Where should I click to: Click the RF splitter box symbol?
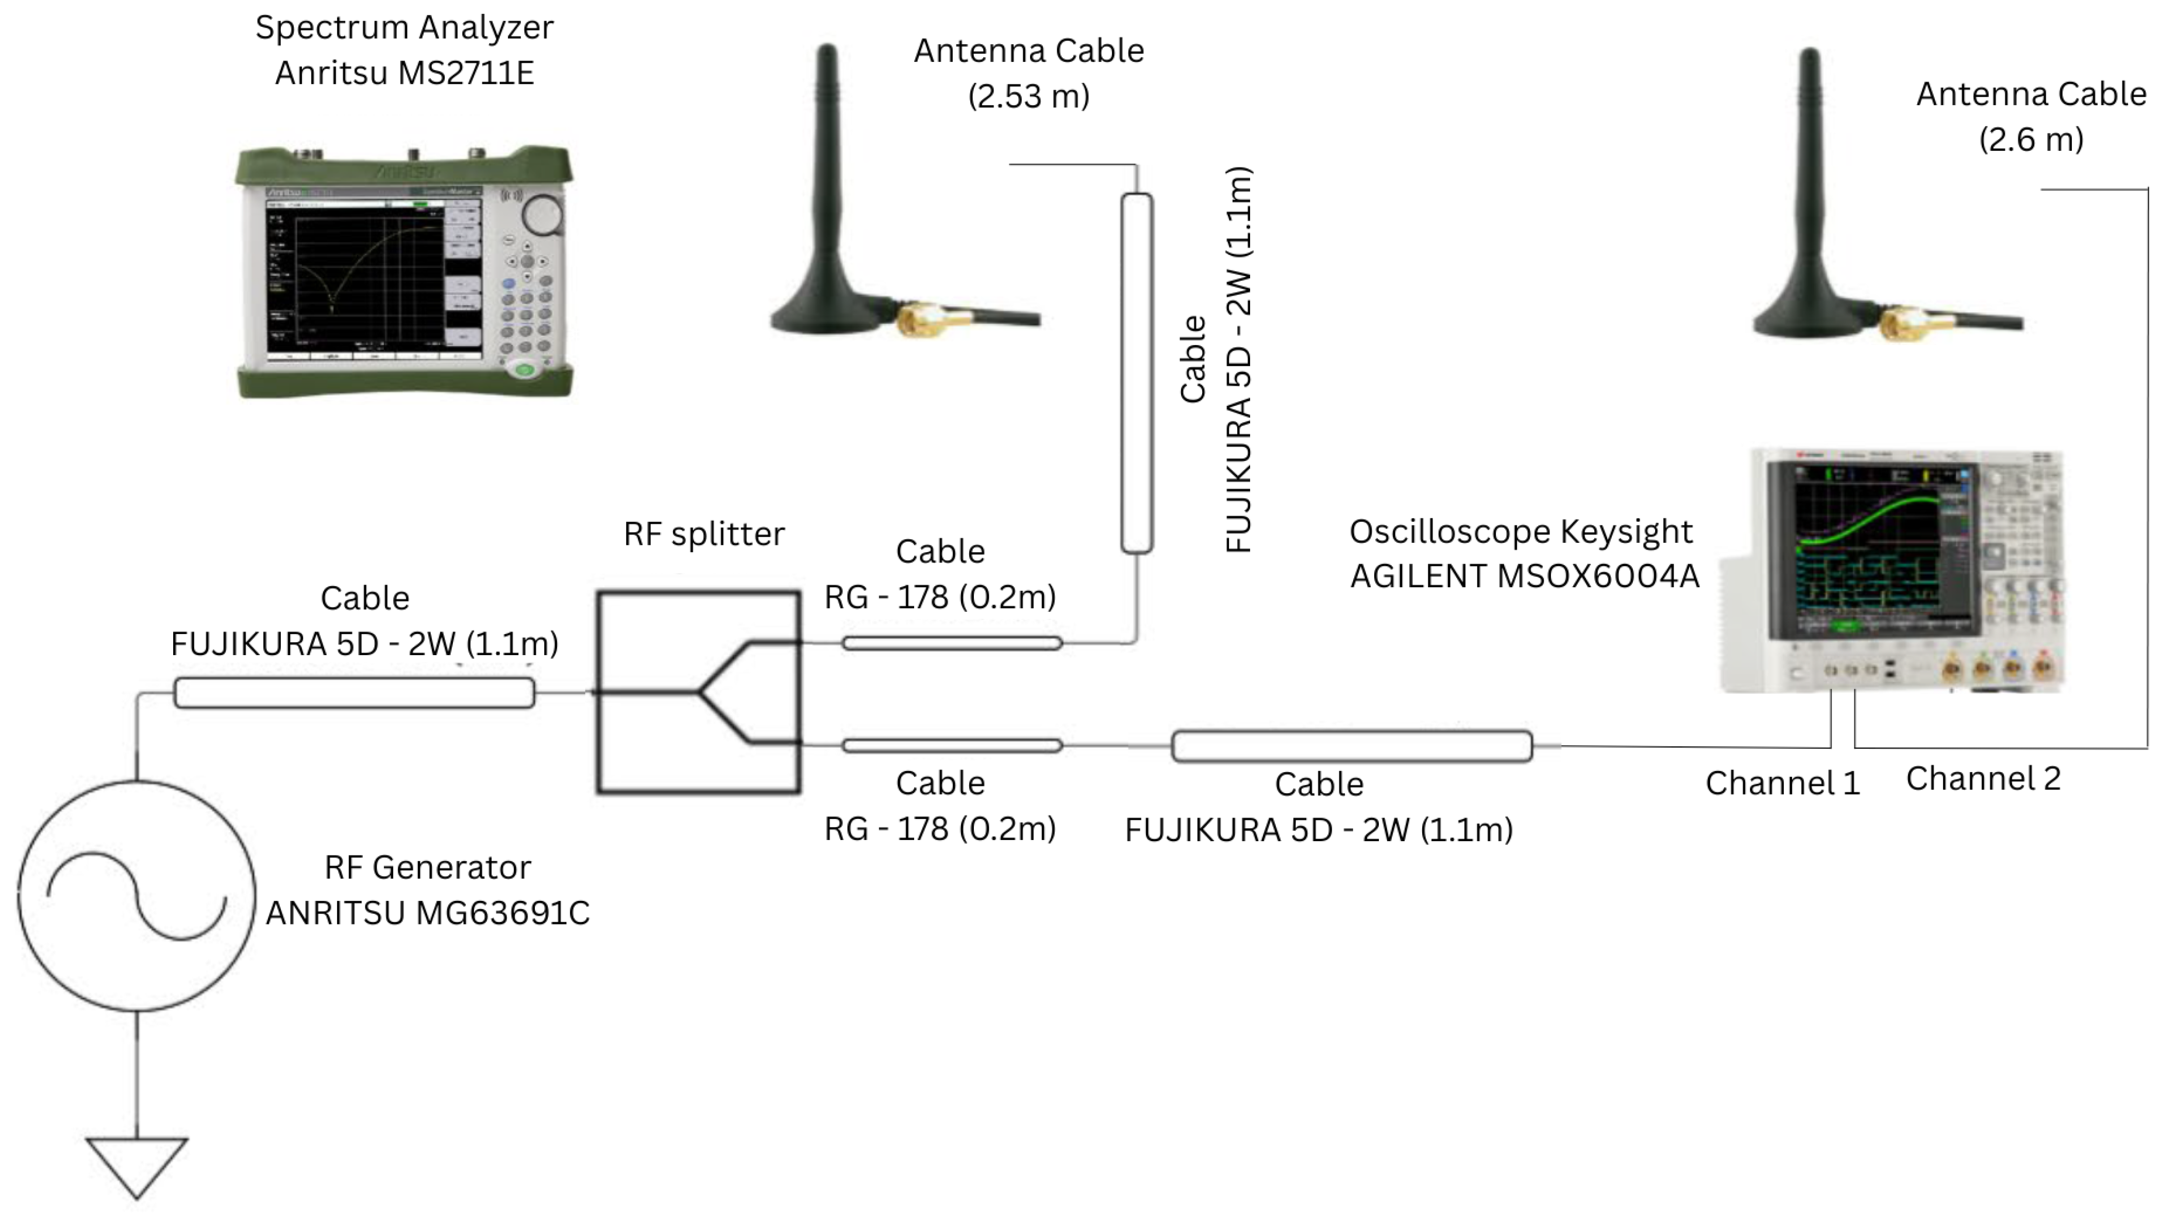coord(698,692)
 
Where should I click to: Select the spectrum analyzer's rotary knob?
coord(542,214)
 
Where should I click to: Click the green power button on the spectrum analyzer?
coord(525,369)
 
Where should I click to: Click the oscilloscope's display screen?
coord(1870,549)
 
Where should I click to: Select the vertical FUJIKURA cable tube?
coord(1137,373)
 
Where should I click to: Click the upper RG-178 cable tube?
coord(952,643)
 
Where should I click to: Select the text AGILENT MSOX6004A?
coord(1524,576)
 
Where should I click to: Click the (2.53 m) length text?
coord(1028,96)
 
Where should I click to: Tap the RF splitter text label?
coord(704,534)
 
